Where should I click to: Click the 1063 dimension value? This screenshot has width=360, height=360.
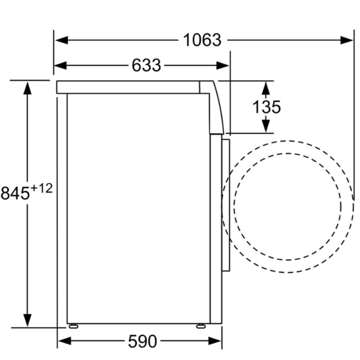pyautogui.click(x=202, y=40)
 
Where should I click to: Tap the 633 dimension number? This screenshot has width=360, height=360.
pyautogui.click(x=146, y=66)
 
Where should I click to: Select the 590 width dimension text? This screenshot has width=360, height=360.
pyautogui.click(x=142, y=341)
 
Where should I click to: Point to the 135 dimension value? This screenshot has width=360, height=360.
pyautogui.click(x=266, y=107)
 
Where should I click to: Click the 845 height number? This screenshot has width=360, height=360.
pyautogui.click(x=15, y=193)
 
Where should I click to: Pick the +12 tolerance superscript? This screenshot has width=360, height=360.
pyautogui.click(x=42, y=189)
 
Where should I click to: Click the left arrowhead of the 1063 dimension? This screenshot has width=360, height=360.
pyautogui.click(x=62, y=40)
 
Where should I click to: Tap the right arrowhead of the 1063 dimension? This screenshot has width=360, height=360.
pyautogui.click(x=347, y=40)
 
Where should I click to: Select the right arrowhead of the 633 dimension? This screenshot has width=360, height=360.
pyautogui.click(x=223, y=66)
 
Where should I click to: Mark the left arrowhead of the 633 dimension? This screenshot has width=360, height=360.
pyautogui.click(x=60, y=66)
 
